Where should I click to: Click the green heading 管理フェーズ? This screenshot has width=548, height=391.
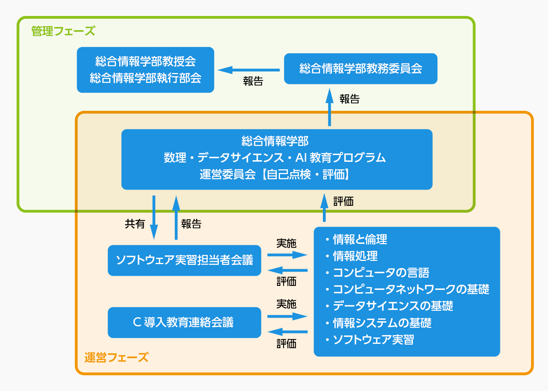click(x=63, y=31)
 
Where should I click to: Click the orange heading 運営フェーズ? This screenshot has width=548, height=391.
click(x=116, y=358)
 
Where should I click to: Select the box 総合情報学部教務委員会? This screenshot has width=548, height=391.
click(x=361, y=69)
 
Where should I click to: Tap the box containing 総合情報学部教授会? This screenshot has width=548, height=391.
click(x=145, y=70)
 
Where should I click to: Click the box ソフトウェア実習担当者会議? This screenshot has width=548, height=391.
click(x=184, y=260)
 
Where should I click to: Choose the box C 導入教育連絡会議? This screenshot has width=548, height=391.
click(x=184, y=322)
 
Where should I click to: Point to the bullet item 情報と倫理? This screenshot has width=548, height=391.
click(x=360, y=240)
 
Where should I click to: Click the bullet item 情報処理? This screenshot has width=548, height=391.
click(x=355, y=256)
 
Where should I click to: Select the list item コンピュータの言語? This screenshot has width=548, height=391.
click(x=381, y=273)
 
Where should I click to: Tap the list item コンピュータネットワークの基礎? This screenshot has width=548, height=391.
click(x=411, y=289)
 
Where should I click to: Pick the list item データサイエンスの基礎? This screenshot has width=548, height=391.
click(x=393, y=306)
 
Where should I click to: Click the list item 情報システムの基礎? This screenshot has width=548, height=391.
click(x=382, y=323)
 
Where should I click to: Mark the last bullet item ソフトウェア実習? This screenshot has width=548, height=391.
click(x=373, y=340)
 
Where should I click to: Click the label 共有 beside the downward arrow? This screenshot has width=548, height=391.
click(x=135, y=224)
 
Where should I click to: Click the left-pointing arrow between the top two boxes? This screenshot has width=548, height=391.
click(x=249, y=70)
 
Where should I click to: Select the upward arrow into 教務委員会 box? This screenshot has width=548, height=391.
click(x=330, y=107)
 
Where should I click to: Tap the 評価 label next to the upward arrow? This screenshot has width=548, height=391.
click(x=343, y=201)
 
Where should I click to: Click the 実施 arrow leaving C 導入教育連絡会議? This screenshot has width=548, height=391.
click(x=287, y=316)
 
